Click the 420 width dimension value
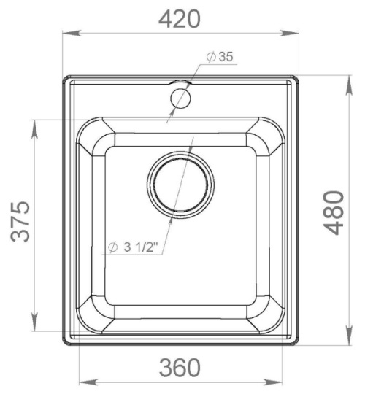click(x=180, y=19)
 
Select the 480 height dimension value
click(x=334, y=213)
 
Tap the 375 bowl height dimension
click(x=20, y=222)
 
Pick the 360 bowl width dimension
click(x=180, y=368)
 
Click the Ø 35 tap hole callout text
click(x=220, y=56)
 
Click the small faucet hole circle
click(x=180, y=98)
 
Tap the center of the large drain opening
click(x=180, y=185)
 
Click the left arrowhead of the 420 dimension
click(x=72, y=33)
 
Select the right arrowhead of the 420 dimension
click(x=289, y=33)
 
